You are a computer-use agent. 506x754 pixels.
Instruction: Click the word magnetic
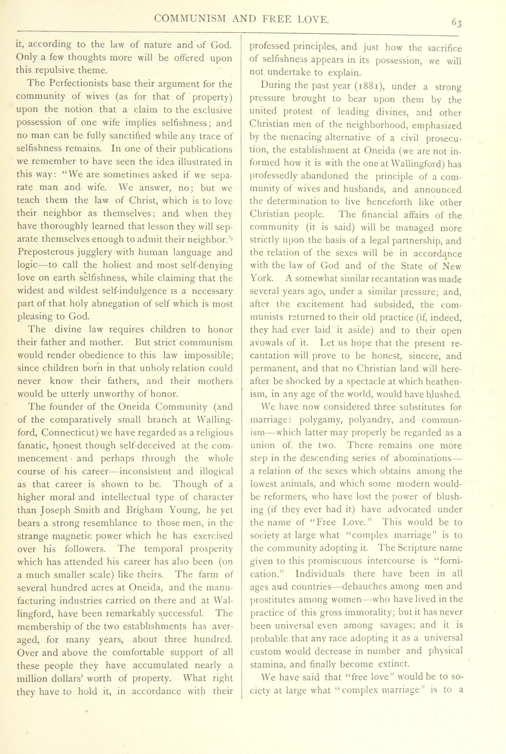[x=74, y=536]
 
